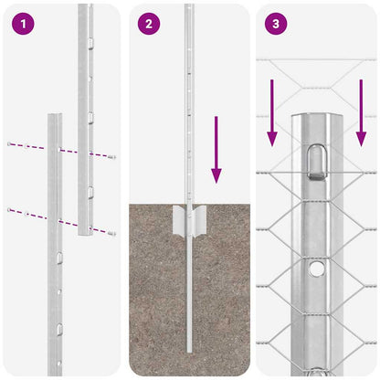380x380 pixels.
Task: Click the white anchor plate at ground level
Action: (189, 220)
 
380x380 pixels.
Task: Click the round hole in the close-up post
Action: (315, 269)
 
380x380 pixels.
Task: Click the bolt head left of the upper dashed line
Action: (9, 144)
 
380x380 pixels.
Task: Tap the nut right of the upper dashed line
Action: (112, 157)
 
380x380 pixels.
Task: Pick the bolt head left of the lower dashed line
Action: (9, 210)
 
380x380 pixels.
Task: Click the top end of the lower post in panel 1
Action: (55, 117)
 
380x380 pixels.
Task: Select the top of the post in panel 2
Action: (188, 7)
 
